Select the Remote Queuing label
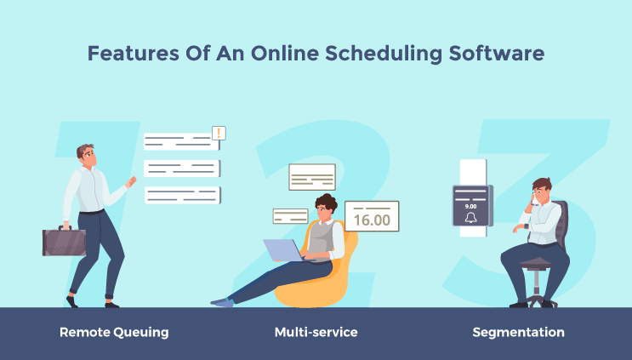click(114, 332)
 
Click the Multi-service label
click(316, 332)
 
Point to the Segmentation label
click(518, 332)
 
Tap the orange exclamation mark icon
click(219, 133)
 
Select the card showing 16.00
click(372, 216)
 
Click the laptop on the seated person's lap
click(282, 249)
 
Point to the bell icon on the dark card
click(471, 219)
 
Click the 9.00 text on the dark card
click(471, 205)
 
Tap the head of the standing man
click(86, 154)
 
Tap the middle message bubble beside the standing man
click(182, 168)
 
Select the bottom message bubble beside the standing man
click(182, 195)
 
